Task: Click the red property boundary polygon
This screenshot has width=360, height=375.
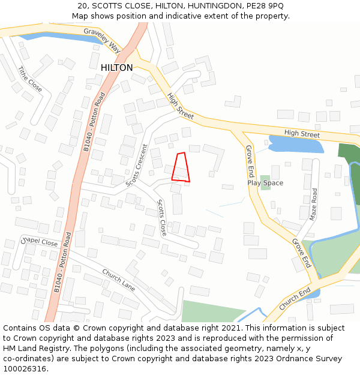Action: [x=180, y=167]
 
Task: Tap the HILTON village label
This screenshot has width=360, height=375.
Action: [x=117, y=68]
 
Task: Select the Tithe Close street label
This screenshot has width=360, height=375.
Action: [x=30, y=79]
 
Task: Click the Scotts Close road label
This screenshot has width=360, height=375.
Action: [x=161, y=217]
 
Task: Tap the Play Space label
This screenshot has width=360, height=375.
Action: [x=265, y=183]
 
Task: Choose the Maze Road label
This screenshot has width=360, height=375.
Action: [x=313, y=205]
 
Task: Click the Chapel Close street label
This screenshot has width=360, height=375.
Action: [x=40, y=243]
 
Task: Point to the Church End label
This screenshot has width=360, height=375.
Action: [x=295, y=298]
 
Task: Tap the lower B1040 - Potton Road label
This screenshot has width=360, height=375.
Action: [x=62, y=262]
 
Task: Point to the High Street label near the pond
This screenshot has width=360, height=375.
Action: [x=302, y=133]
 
